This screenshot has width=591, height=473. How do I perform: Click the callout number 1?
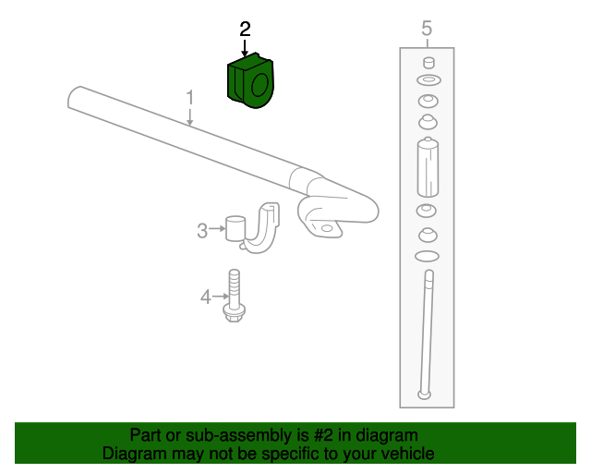click(189, 97)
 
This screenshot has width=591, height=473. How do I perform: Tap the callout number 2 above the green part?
click(245, 29)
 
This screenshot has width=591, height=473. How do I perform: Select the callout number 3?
click(202, 231)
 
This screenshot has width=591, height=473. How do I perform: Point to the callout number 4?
click(206, 297)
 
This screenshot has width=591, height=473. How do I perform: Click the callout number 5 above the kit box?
click(427, 29)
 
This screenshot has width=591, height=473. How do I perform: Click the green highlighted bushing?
click(248, 81)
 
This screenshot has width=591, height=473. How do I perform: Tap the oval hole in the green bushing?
click(259, 86)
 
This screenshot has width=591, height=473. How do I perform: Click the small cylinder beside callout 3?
click(235, 227)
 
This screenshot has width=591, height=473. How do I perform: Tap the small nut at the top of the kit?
click(428, 63)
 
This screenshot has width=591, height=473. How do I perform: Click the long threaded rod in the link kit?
click(427, 333)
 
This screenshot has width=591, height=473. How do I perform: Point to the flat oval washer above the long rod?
click(427, 255)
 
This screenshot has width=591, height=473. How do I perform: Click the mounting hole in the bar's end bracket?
click(324, 227)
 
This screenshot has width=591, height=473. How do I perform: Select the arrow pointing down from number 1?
click(190, 115)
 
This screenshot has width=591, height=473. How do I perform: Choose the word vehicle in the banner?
click(406, 454)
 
